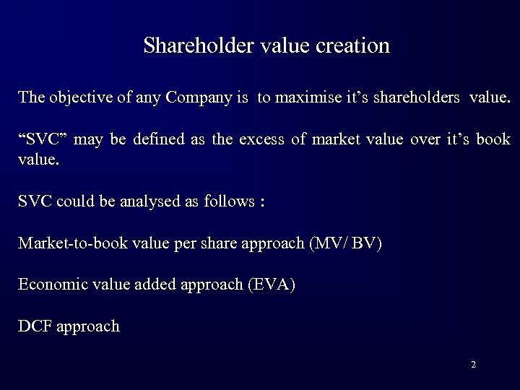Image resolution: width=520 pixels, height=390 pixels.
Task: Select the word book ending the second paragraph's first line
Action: coord(495,139)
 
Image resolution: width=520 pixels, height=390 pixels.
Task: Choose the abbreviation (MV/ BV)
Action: coord(345,243)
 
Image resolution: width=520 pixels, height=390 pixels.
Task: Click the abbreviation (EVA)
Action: coord(271,285)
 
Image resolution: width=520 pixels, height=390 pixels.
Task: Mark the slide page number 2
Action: coord(473,365)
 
